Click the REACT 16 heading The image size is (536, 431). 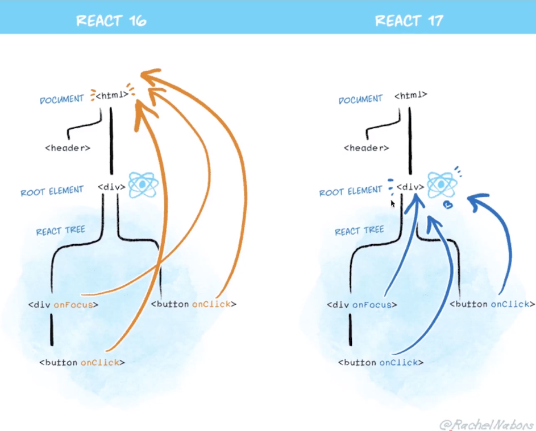(x=111, y=21)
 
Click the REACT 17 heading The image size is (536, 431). (x=409, y=21)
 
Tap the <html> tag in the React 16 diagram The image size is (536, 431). (x=111, y=95)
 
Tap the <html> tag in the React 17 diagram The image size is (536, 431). (x=410, y=95)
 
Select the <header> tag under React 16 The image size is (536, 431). (x=68, y=148)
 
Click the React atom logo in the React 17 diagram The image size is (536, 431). (x=441, y=184)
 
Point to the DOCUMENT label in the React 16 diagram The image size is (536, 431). (x=61, y=100)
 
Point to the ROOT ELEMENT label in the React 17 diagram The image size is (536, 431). (x=351, y=191)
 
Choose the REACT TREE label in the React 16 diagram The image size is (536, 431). (x=60, y=231)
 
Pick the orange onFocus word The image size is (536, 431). (x=72, y=305)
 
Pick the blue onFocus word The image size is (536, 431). (x=371, y=305)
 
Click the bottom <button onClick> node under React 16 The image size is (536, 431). (x=82, y=362)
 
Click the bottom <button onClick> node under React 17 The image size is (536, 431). (x=381, y=362)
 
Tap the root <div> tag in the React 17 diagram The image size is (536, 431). (x=410, y=187)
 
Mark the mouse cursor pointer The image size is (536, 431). (x=393, y=203)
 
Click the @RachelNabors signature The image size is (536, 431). (x=485, y=424)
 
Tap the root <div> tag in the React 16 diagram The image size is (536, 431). (x=111, y=187)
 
